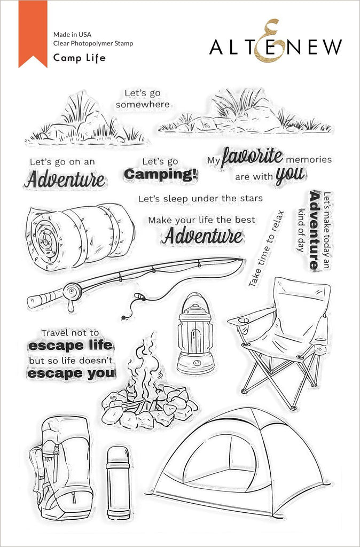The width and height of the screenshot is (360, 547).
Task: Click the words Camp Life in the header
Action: click(79, 58)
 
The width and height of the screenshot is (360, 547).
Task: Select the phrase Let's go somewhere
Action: click(143, 99)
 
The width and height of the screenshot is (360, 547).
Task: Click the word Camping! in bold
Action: click(160, 174)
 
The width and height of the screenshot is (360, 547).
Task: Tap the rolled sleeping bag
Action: click(80, 232)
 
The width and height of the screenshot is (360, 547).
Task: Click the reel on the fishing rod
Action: click(72, 291)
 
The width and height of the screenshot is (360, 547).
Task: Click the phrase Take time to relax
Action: click(266, 249)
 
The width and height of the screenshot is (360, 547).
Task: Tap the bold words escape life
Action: click(71, 346)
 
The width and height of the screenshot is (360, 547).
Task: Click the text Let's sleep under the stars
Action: click(200, 199)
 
